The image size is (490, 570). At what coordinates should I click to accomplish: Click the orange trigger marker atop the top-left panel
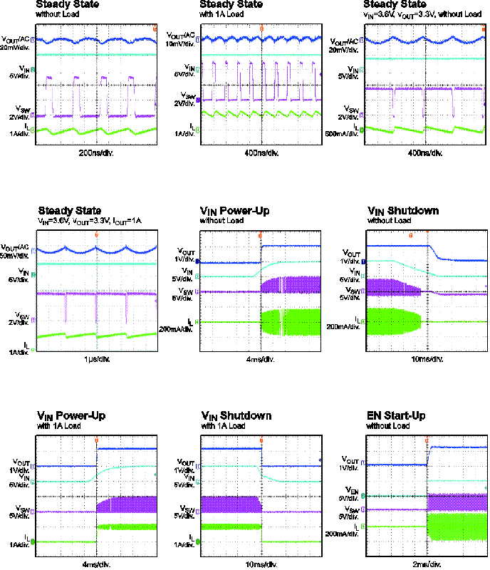pos(155,28)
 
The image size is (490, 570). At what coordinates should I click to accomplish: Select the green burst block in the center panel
pos(291,322)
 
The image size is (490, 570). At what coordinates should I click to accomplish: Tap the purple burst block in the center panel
pos(291,285)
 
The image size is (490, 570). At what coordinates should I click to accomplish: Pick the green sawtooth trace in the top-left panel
pos(93,131)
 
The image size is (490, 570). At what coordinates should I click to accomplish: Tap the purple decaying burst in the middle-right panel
pos(388,287)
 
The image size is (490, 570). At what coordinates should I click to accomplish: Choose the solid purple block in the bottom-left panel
pos(127,504)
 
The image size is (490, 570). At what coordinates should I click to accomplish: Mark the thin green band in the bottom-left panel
pos(127,527)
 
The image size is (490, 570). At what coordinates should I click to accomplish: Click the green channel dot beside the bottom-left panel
pos(33,542)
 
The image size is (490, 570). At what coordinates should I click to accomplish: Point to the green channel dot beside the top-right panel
pos(362,130)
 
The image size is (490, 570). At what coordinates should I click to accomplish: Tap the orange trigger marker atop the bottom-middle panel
pos(261,440)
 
